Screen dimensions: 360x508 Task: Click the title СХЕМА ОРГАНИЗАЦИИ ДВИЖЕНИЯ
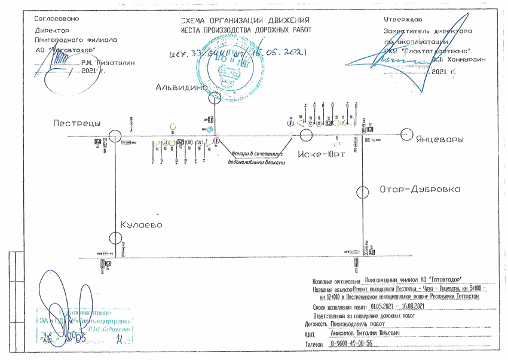pyautogui.click(x=247, y=20)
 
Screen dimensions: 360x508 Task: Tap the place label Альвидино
pyautogui.click(x=181, y=87)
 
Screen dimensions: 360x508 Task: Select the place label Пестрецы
pyautogui.click(x=77, y=123)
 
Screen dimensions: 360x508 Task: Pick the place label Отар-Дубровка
pyautogui.click(x=420, y=190)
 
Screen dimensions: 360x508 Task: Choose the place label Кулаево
pyautogui.click(x=141, y=224)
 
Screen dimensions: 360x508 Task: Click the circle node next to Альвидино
pyautogui.click(x=215, y=97)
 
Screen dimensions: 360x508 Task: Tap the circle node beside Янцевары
pyautogui.click(x=407, y=135)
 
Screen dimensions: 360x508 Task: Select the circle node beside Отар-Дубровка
pyautogui.click(x=362, y=193)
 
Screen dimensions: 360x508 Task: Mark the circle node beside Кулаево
pyautogui.click(x=115, y=237)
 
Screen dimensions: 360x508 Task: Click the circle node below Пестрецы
pyautogui.click(x=115, y=137)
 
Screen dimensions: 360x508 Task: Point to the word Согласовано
pyautogui.click(x=57, y=19)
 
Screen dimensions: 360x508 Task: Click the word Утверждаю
pyautogui.click(x=403, y=20)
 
